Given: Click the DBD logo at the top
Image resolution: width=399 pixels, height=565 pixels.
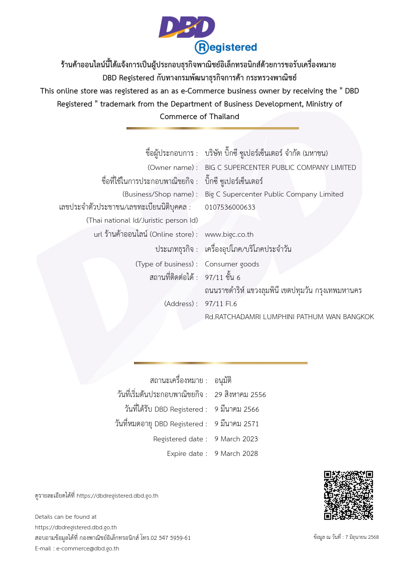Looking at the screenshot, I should (187, 27).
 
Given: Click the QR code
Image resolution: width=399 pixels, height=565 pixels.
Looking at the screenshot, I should (348, 495).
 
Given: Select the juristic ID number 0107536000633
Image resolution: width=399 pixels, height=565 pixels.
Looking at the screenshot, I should (230, 207).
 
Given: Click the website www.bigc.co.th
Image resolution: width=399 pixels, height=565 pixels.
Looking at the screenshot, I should (229, 234).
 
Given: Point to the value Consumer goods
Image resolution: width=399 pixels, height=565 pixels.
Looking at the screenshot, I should (232, 264).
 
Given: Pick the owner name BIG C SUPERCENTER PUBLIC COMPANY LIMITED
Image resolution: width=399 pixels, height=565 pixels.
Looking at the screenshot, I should (281, 167).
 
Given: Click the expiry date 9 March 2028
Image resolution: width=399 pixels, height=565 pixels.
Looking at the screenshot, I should (236, 453).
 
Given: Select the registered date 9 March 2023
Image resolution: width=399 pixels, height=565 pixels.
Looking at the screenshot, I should (236, 439).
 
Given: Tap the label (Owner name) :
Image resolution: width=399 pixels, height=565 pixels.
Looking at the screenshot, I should (173, 167).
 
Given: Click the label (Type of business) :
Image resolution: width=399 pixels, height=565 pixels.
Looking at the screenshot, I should (167, 264).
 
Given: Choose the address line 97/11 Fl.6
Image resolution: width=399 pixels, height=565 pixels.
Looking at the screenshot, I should (221, 304).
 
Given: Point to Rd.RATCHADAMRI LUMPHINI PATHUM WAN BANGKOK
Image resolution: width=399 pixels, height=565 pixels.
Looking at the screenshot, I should (290, 317).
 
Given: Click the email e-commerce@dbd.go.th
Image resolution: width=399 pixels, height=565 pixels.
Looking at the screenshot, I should (87, 548).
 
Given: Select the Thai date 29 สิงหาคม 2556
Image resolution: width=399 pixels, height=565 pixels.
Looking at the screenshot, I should (240, 395).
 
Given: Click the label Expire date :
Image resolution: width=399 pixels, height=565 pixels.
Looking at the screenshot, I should (187, 453).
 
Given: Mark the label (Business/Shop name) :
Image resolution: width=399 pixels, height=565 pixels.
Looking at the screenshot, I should (160, 194).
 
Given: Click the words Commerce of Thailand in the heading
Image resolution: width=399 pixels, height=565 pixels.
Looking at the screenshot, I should (199, 117).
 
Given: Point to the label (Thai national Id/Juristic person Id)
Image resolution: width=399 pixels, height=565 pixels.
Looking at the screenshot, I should (142, 220).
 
